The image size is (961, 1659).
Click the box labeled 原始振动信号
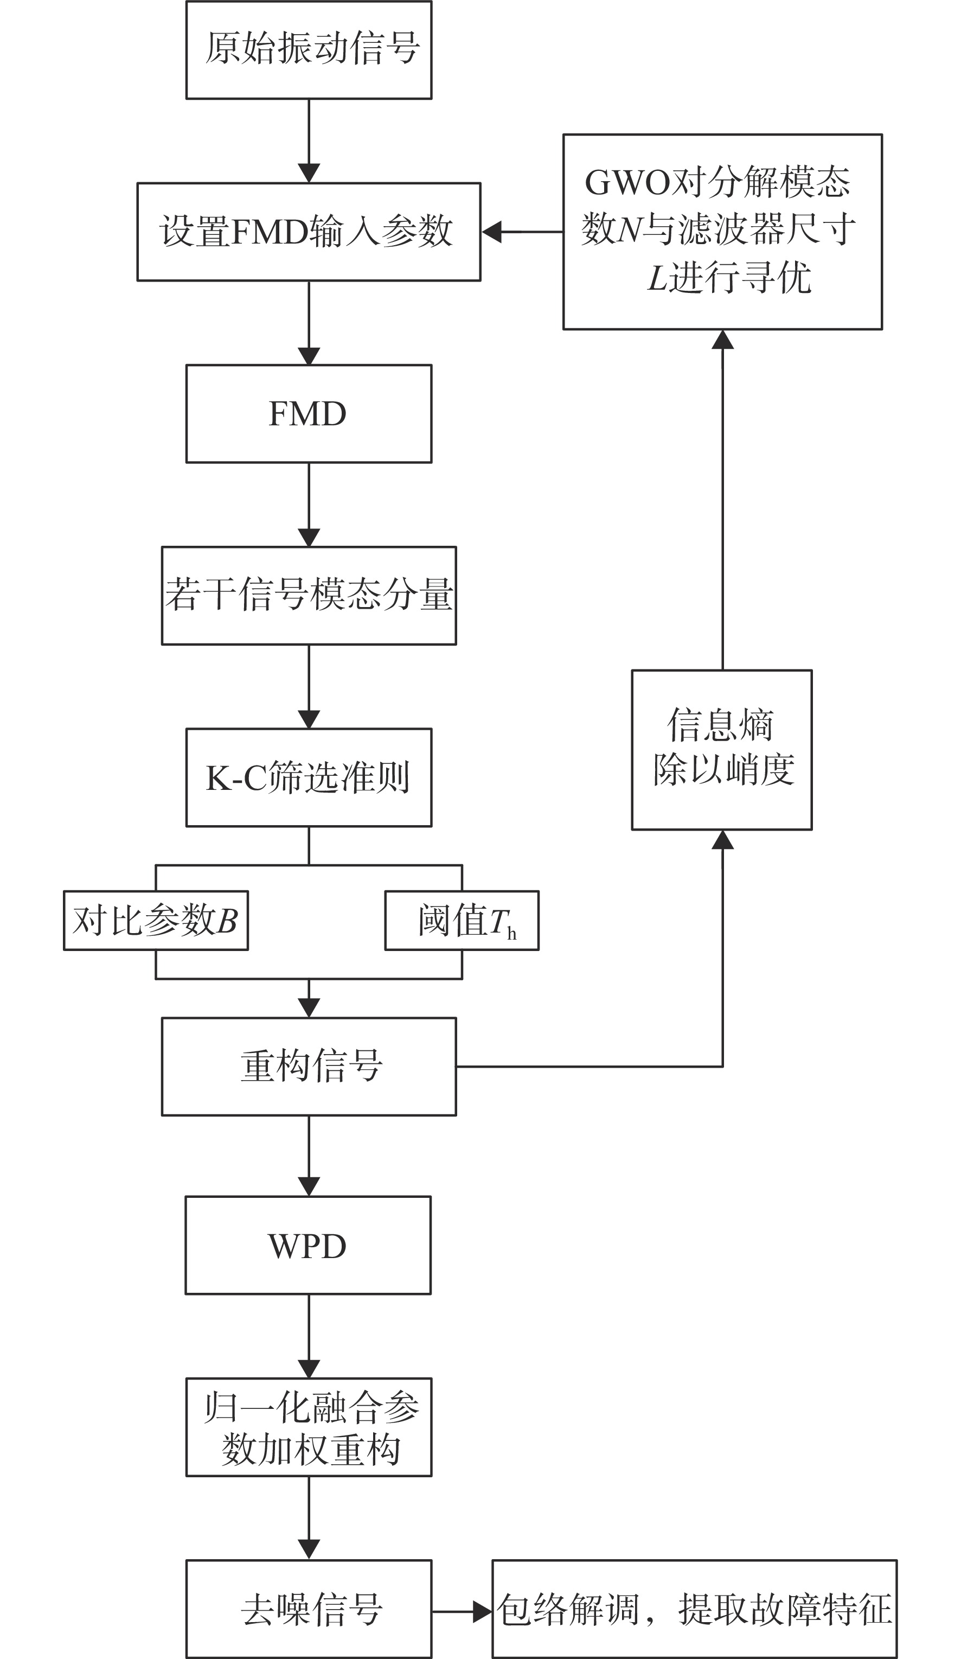coord(309,50)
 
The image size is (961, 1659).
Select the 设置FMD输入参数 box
coord(309,232)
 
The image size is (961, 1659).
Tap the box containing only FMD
coord(309,413)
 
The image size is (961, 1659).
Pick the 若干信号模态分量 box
coord(309,595)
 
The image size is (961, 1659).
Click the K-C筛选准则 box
coord(309,777)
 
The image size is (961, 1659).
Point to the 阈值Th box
coord(462,920)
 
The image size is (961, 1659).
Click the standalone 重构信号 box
coord(309,1067)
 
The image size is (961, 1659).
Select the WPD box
coord(308,1246)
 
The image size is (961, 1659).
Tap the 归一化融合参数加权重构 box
coord(309,1427)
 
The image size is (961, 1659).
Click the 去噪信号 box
coord(309,1609)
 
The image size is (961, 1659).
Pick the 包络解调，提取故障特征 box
coord(694,1609)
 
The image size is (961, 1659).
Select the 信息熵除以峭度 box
coord(722,750)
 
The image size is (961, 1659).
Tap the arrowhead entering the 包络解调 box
coord(483,1612)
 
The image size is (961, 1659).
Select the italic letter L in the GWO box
coord(658,277)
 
